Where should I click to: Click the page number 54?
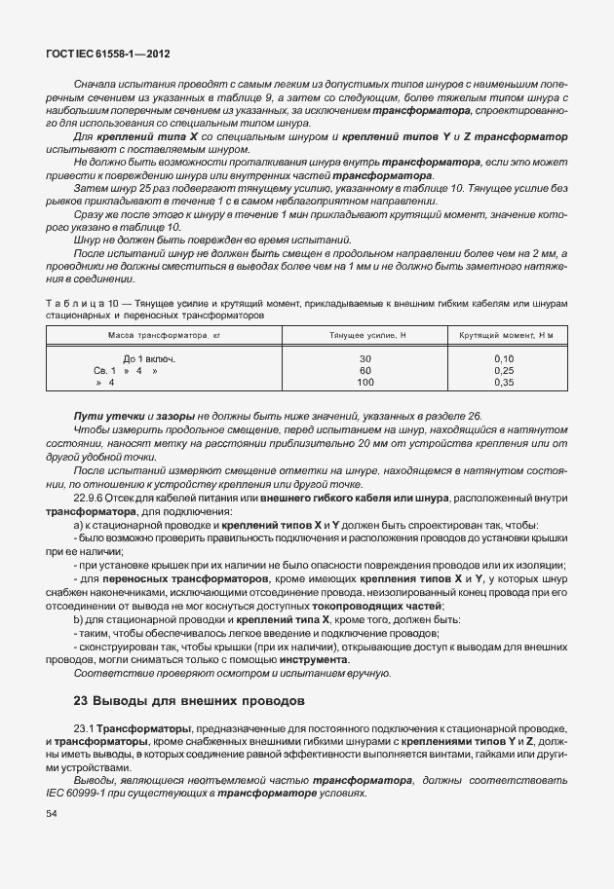tap(52, 827)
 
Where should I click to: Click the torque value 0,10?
tap(505, 359)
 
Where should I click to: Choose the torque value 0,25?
tap(505, 371)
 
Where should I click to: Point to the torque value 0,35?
tap(505, 383)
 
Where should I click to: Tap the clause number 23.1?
tap(83, 727)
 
